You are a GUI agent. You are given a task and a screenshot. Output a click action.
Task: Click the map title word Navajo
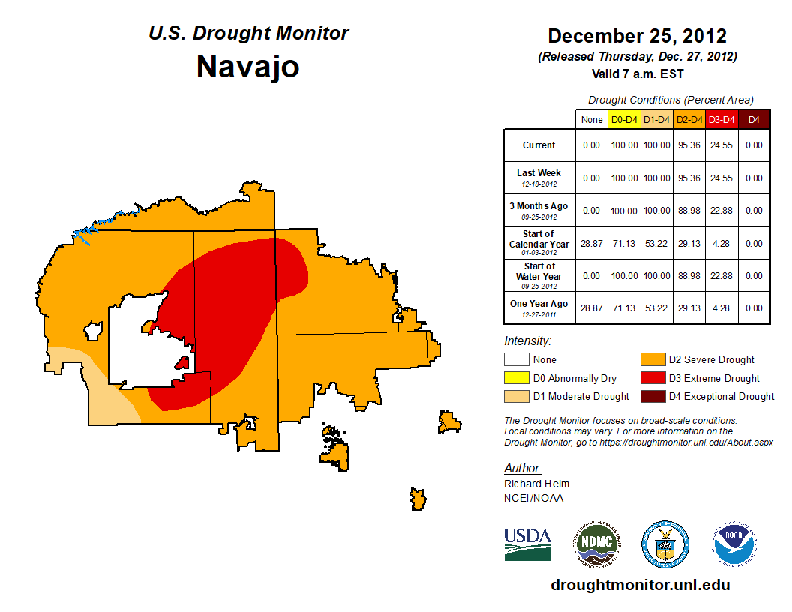coord(247,67)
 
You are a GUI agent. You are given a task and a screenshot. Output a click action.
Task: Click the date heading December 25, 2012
coord(637,36)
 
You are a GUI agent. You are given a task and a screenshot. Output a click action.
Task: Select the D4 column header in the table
coord(754,119)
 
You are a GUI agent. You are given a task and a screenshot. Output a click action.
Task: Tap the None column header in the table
coord(591,119)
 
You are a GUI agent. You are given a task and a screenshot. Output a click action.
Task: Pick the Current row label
coord(539,145)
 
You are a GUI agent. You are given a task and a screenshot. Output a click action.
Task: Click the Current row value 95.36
coord(689,145)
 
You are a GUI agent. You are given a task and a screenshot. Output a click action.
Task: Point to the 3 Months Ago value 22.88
coord(721,211)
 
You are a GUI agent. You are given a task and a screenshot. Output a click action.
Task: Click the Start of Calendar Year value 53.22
coord(657,243)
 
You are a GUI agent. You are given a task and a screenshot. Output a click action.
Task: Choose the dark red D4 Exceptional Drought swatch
coord(651,396)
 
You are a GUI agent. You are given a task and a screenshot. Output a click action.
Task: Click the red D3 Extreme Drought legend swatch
coord(651,378)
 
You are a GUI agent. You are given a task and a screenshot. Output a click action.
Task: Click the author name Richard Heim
coord(536,484)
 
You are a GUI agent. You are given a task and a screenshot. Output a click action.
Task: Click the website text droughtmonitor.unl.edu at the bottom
coord(640,585)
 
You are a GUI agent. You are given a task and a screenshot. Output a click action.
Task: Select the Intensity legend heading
coord(527,341)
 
